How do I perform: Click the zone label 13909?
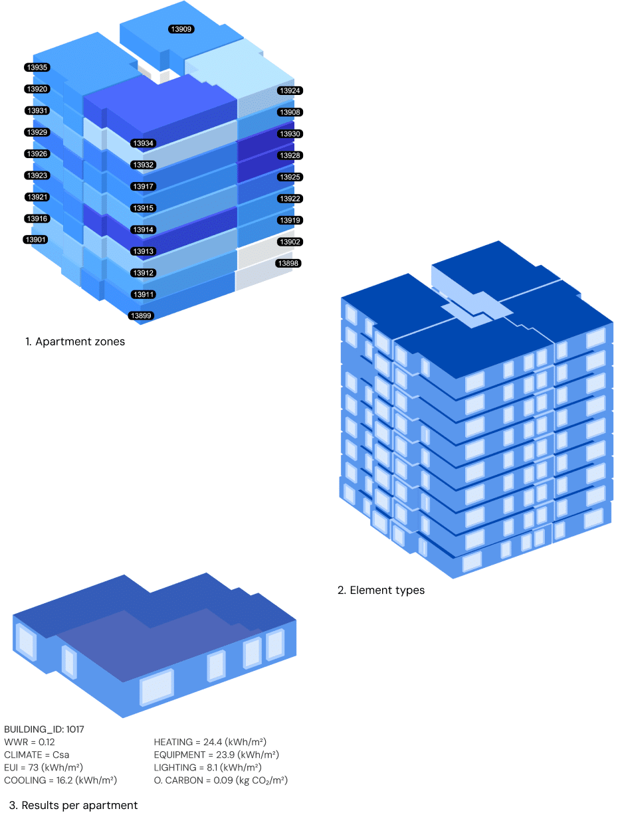click(x=181, y=29)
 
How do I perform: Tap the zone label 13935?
click(x=37, y=67)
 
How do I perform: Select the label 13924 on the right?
click(x=290, y=90)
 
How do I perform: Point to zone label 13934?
click(x=143, y=143)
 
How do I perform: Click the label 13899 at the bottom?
click(x=141, y=316)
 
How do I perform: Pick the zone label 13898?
click(x=288, y=264)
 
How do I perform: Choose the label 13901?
click(x=35, y=239)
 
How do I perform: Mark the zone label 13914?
click(x=143, y=229)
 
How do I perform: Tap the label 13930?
click(x=290, y=134)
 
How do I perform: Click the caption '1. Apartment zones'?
click(x=75, y=342)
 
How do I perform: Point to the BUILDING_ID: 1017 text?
click(x=44, y=729)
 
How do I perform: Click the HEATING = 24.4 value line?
click(x=210, y=742)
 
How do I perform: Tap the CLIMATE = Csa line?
click(x=37, y=755)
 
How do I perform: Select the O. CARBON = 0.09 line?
click(x=221, y=780)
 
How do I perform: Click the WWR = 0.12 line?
click(x=29, y=742)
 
